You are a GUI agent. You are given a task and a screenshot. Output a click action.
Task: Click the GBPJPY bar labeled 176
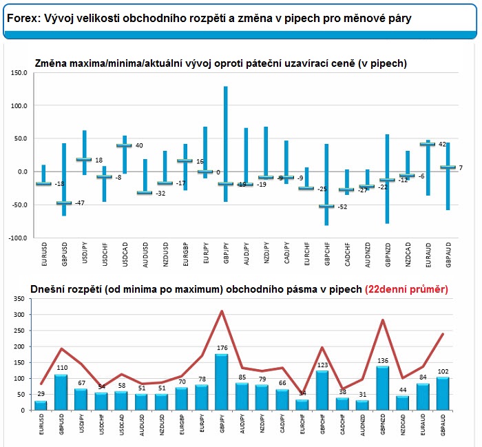tap(222, 383)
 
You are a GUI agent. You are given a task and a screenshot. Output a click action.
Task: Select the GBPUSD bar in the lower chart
tap(61, 393)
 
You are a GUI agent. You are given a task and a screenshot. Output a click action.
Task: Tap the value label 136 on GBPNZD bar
tap(383, 360)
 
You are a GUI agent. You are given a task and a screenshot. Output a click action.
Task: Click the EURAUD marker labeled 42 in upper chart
tap(428, 144)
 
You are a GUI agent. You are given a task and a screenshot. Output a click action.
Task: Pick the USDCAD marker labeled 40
tap(123, 145)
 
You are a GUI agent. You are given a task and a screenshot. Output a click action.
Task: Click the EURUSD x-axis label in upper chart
tap(43, 256)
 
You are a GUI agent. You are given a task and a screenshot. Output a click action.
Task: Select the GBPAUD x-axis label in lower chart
tap(445, 426)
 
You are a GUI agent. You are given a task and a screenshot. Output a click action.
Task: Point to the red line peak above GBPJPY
tap(222, 311)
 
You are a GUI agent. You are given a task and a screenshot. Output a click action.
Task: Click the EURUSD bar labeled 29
tap(41, 405)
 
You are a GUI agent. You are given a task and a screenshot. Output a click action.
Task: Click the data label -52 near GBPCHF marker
tap(342, 207)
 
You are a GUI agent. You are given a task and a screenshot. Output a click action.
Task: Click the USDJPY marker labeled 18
tap(83, 159)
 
